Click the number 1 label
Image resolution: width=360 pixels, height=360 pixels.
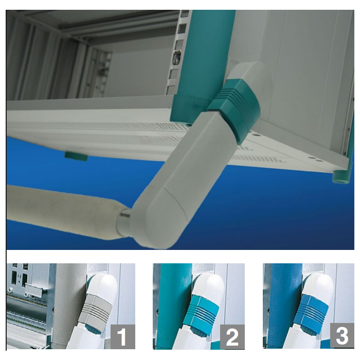click(x=122, y=337)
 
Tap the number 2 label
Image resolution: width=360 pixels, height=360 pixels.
click(x=232, y=337)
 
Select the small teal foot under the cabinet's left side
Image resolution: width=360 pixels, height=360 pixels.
click(x=76, y=156)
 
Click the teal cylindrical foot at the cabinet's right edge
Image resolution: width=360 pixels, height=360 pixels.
click(x=341, y=175)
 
